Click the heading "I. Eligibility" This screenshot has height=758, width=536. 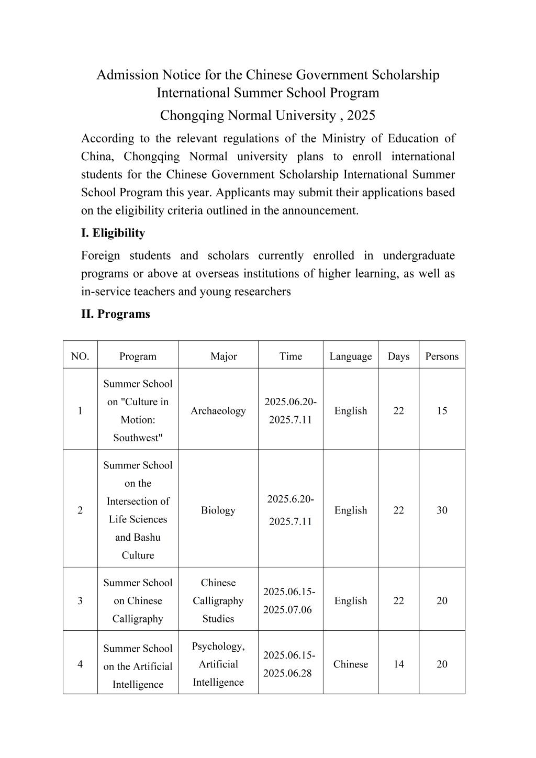113,233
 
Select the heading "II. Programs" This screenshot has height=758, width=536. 116,314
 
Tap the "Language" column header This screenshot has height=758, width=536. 350,356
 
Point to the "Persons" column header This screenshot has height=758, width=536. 442,356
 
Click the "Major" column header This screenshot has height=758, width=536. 224,356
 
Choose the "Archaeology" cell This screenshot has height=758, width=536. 218,411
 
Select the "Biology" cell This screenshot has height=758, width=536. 218,510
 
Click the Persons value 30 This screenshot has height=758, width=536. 442,510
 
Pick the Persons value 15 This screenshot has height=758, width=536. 442,411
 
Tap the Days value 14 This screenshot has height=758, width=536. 398,664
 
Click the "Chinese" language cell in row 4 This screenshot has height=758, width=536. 350,664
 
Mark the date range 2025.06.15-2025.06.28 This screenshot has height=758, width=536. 289,664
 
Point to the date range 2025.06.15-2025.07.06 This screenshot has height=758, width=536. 289,601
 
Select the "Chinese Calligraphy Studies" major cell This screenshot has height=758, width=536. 218,601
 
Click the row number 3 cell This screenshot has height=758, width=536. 80,601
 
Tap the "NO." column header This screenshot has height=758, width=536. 80,356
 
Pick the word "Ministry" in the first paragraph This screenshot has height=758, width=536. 343,139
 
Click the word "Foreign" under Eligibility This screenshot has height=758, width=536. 100,255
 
